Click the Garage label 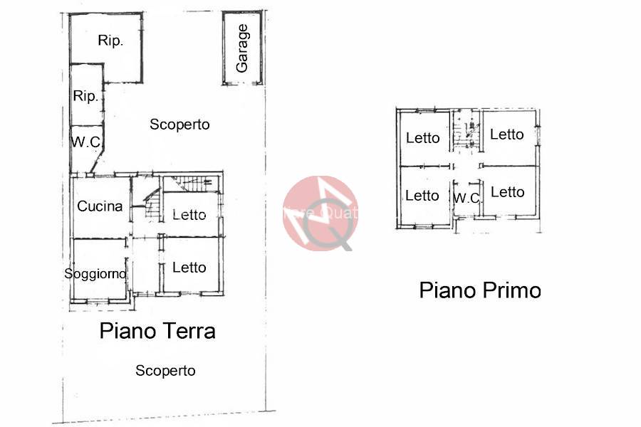(243, 48)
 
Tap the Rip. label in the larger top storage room (110, 41)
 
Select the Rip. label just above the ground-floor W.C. (85, 96)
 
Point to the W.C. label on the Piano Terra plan (86, 142)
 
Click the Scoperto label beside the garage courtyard (179, 125)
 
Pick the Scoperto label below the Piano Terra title (165, 371)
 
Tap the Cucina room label (100, 206)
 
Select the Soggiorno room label (95, 273)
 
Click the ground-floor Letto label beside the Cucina (189, 215)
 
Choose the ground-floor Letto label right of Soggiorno (189, 268)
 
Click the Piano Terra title (157, 331)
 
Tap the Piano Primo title (480, 290)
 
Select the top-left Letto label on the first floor (423, 138)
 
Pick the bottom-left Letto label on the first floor (422, 196)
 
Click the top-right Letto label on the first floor (507, 135)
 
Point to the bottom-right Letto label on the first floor (508, 192)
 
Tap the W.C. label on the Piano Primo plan (467, 199)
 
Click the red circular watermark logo (320, 213)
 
